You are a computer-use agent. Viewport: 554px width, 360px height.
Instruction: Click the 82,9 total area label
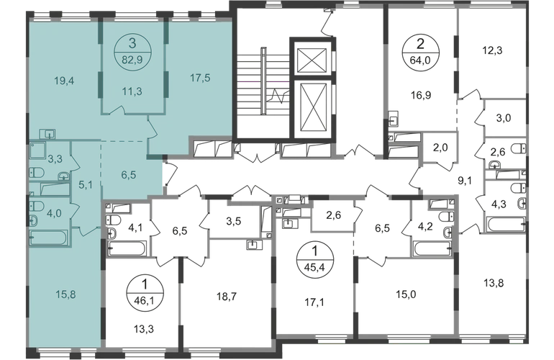132,60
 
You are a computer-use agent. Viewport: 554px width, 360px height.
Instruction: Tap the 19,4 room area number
64,81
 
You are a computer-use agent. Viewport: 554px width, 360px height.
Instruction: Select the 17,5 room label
200,78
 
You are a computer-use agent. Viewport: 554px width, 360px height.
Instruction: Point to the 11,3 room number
132,91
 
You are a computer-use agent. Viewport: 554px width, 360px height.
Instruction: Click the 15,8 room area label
65,294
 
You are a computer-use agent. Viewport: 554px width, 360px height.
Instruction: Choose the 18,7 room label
227,297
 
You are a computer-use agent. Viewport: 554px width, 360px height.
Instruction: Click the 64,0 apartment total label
420,60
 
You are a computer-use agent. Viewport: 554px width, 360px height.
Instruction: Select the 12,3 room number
492,50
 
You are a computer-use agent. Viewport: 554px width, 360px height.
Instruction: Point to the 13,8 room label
494,283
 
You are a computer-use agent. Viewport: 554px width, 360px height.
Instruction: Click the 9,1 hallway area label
465,181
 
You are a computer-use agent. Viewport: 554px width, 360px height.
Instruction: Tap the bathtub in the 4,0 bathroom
49,238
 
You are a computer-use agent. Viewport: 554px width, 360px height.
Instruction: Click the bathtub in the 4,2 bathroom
433,248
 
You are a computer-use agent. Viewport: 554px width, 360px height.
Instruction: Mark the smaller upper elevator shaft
312,60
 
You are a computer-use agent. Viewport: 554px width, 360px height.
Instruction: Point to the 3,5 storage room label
234,222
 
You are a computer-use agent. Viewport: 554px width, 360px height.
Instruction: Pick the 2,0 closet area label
440,147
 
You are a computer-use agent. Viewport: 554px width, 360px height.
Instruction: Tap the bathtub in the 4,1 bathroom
127,248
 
